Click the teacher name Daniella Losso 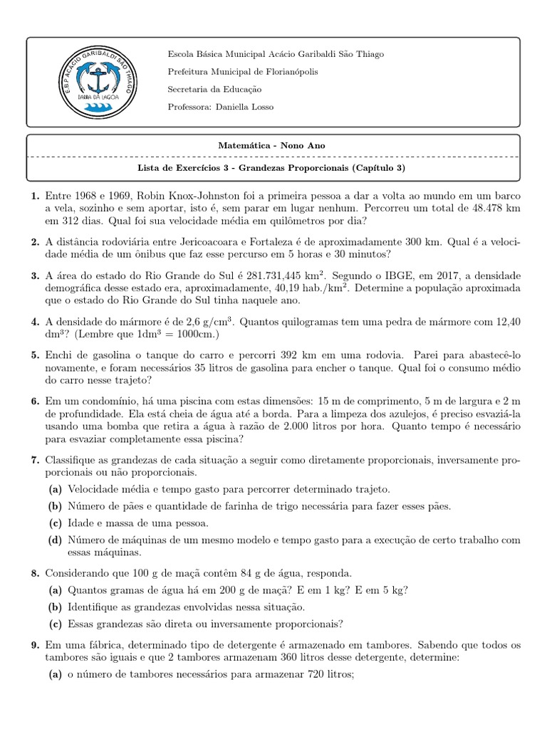click(x=242, y=107)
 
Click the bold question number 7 click(x=33, y=460)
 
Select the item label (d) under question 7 click(x=55, y=540)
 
